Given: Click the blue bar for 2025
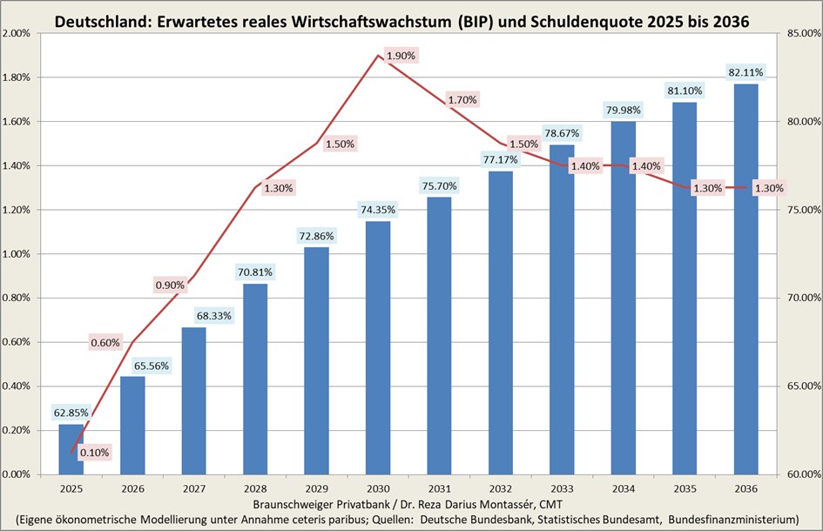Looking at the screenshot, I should pyautogui.click(x=71, y=449).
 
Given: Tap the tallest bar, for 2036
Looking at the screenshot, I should pyautogui.click(x=745, y=279).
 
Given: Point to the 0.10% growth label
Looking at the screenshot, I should pyautogui.click(x=94, y=453).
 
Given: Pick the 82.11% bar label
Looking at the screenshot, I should pyautogui.click(x=745, y=71).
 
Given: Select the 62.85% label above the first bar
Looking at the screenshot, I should pyautogui.click(x=71, y=412).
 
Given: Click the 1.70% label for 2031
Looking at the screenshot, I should pyautogui.click(x=462, y=99).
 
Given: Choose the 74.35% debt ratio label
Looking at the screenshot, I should pyautogui.click(x=378, y=209).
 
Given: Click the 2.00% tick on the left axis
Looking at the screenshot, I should pyautogui.click(x=17, y=33).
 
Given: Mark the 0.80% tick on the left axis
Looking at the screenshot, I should pyautogui.click(x=17, y=298).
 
